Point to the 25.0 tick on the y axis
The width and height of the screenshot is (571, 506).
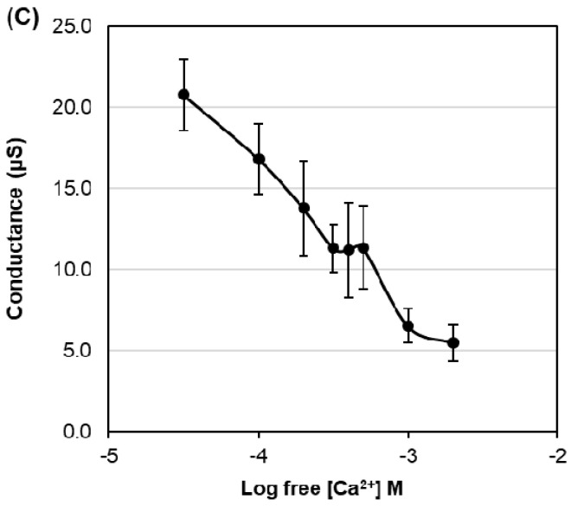point(73,27)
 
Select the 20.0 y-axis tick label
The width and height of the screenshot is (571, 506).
point(73,107)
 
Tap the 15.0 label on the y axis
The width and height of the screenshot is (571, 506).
point(73,189)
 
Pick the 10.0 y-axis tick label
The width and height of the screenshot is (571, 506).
point(73,269)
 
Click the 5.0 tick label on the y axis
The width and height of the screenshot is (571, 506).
point(76,351)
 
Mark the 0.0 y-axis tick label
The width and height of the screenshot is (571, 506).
point(76,431)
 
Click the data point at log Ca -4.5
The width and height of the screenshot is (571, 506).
point(183,94)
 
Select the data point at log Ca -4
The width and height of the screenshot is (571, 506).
point(259,159)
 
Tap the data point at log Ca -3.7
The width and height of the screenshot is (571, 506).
point(304,208)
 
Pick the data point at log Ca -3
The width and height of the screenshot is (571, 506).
point(408,327)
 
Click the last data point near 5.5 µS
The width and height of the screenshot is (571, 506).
point(452,343)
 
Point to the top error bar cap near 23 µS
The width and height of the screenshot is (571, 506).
point(183,59)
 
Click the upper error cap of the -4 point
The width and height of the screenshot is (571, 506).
point(259,124)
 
